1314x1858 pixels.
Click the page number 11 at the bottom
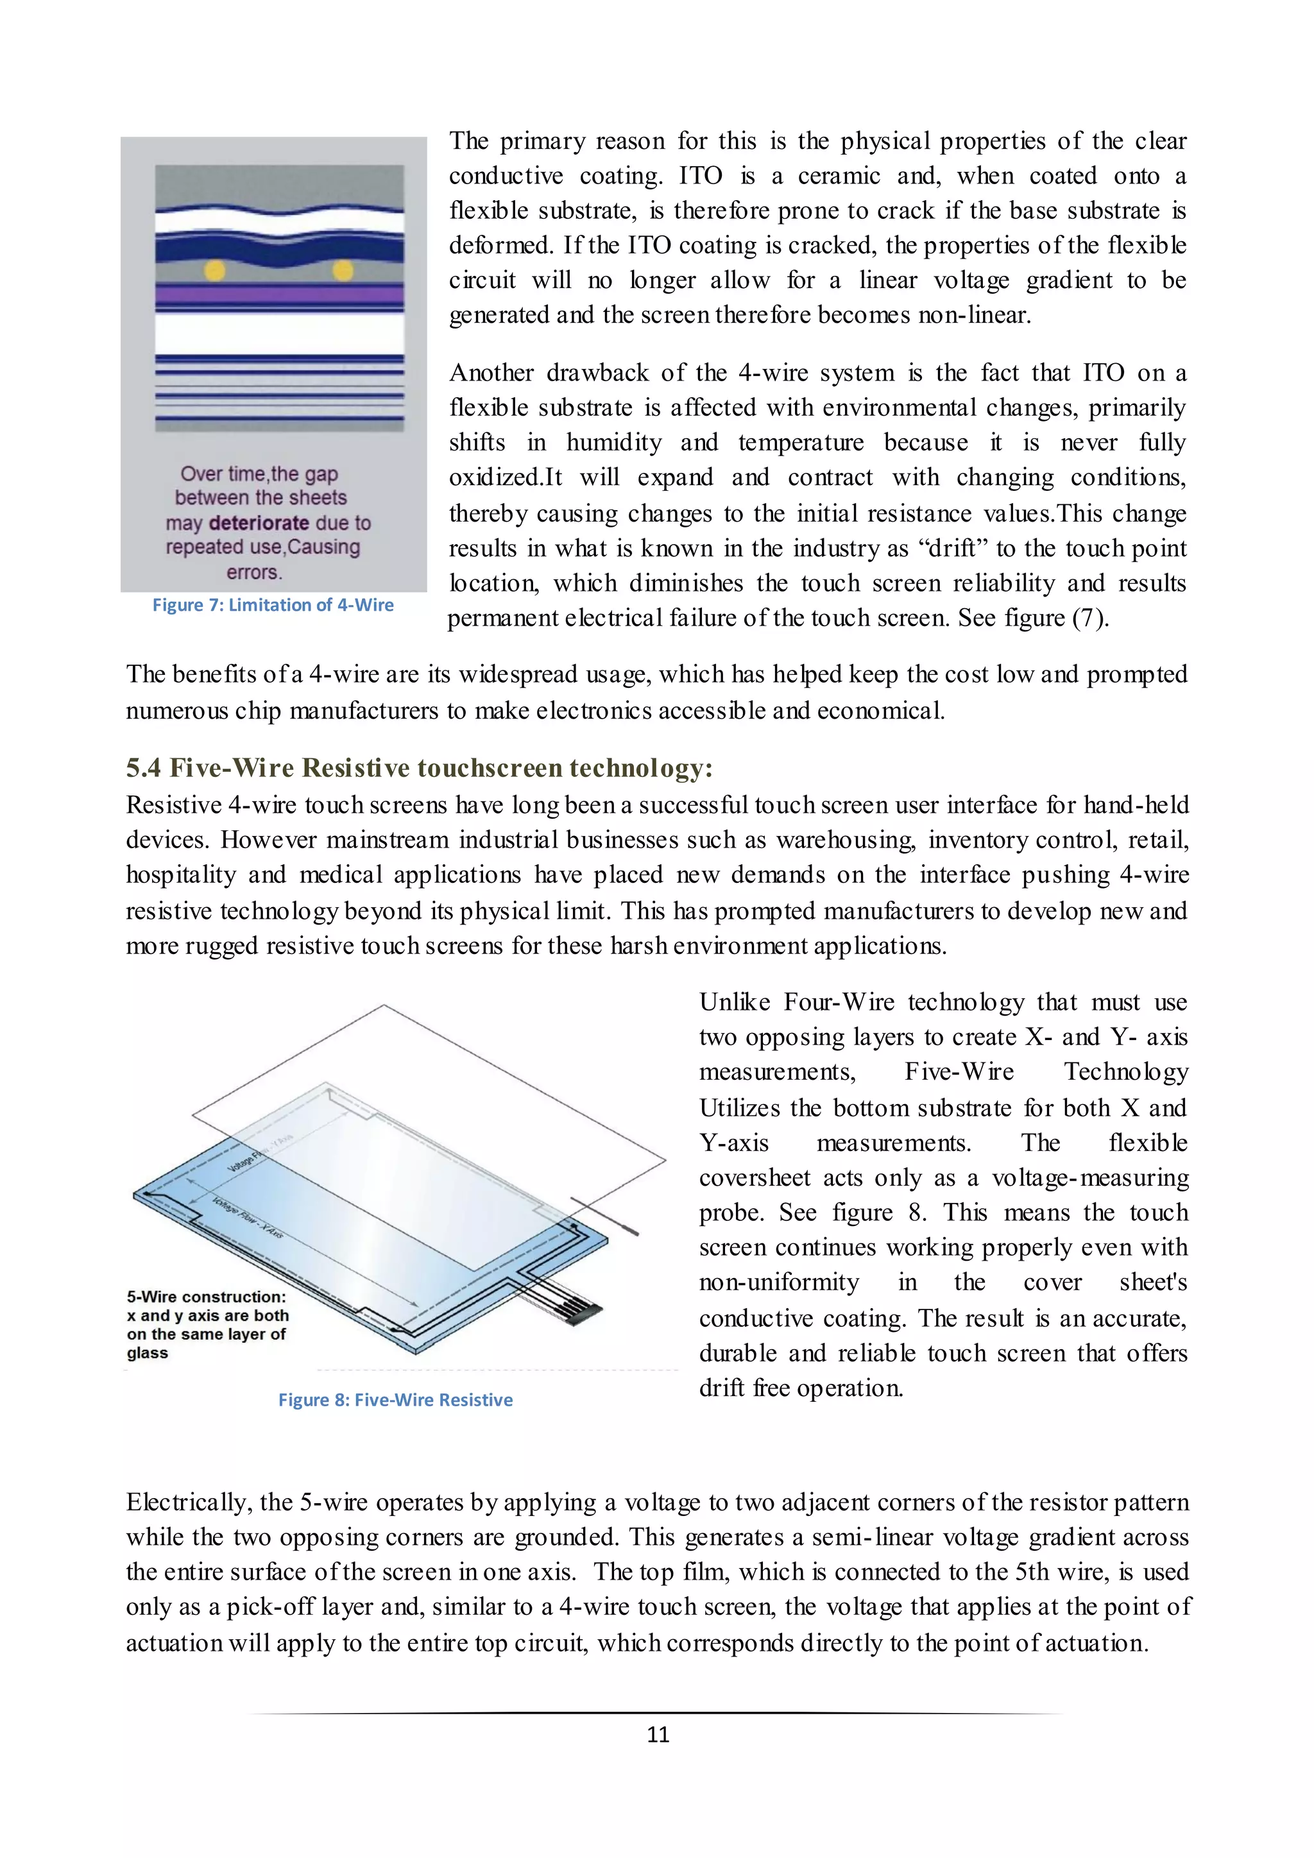pos(658,1735)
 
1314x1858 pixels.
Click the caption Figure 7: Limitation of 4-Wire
pos(273,605)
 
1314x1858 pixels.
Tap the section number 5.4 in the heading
pos(143,768)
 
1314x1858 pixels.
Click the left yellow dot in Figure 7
pos(214,270)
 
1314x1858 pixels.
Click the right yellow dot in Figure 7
pos(343,270)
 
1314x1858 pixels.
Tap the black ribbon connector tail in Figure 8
pos(583,1312)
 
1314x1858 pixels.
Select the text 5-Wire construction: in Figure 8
pos(207,1297)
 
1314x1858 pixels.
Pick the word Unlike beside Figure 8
pos(734,1003)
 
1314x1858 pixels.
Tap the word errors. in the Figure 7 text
pos(254,573)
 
